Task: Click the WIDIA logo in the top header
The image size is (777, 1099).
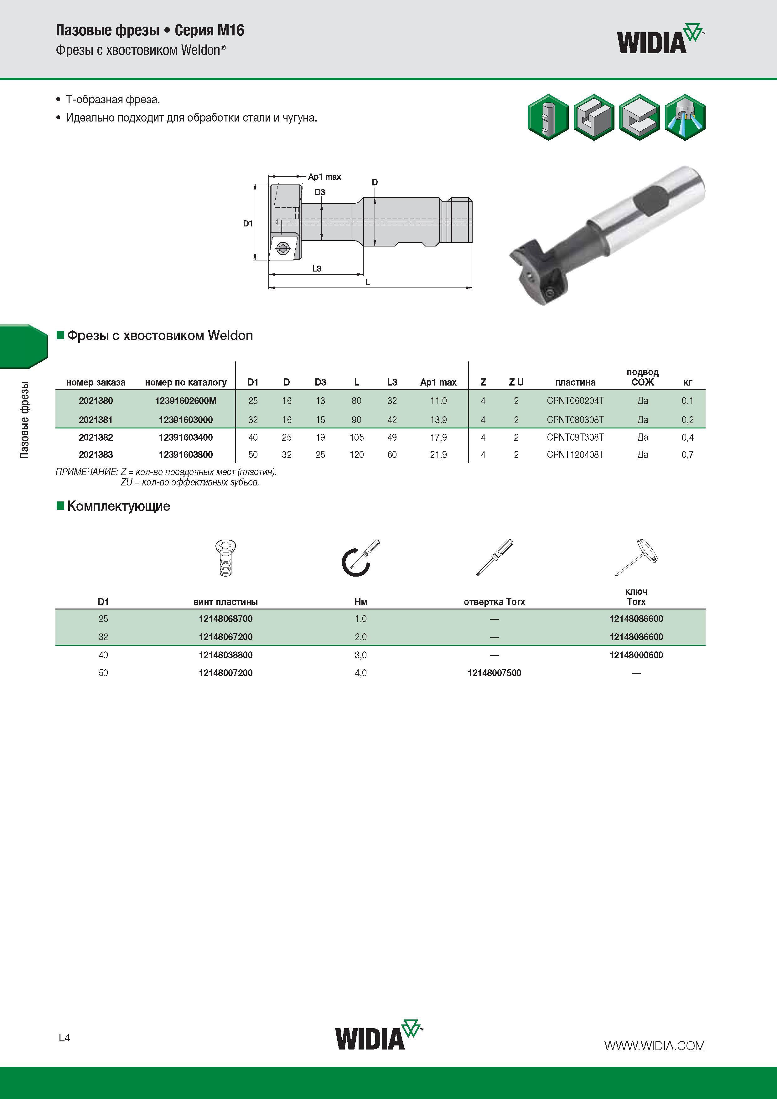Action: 661,38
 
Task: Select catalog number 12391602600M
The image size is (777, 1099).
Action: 186,401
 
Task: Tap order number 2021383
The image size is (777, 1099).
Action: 96,455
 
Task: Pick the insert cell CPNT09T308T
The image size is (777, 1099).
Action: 575,437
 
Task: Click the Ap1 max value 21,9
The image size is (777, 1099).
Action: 438,455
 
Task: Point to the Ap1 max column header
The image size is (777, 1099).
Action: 438,382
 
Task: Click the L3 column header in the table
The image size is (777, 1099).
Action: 392,382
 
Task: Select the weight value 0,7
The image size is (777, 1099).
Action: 687,455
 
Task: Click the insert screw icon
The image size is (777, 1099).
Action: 225,558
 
